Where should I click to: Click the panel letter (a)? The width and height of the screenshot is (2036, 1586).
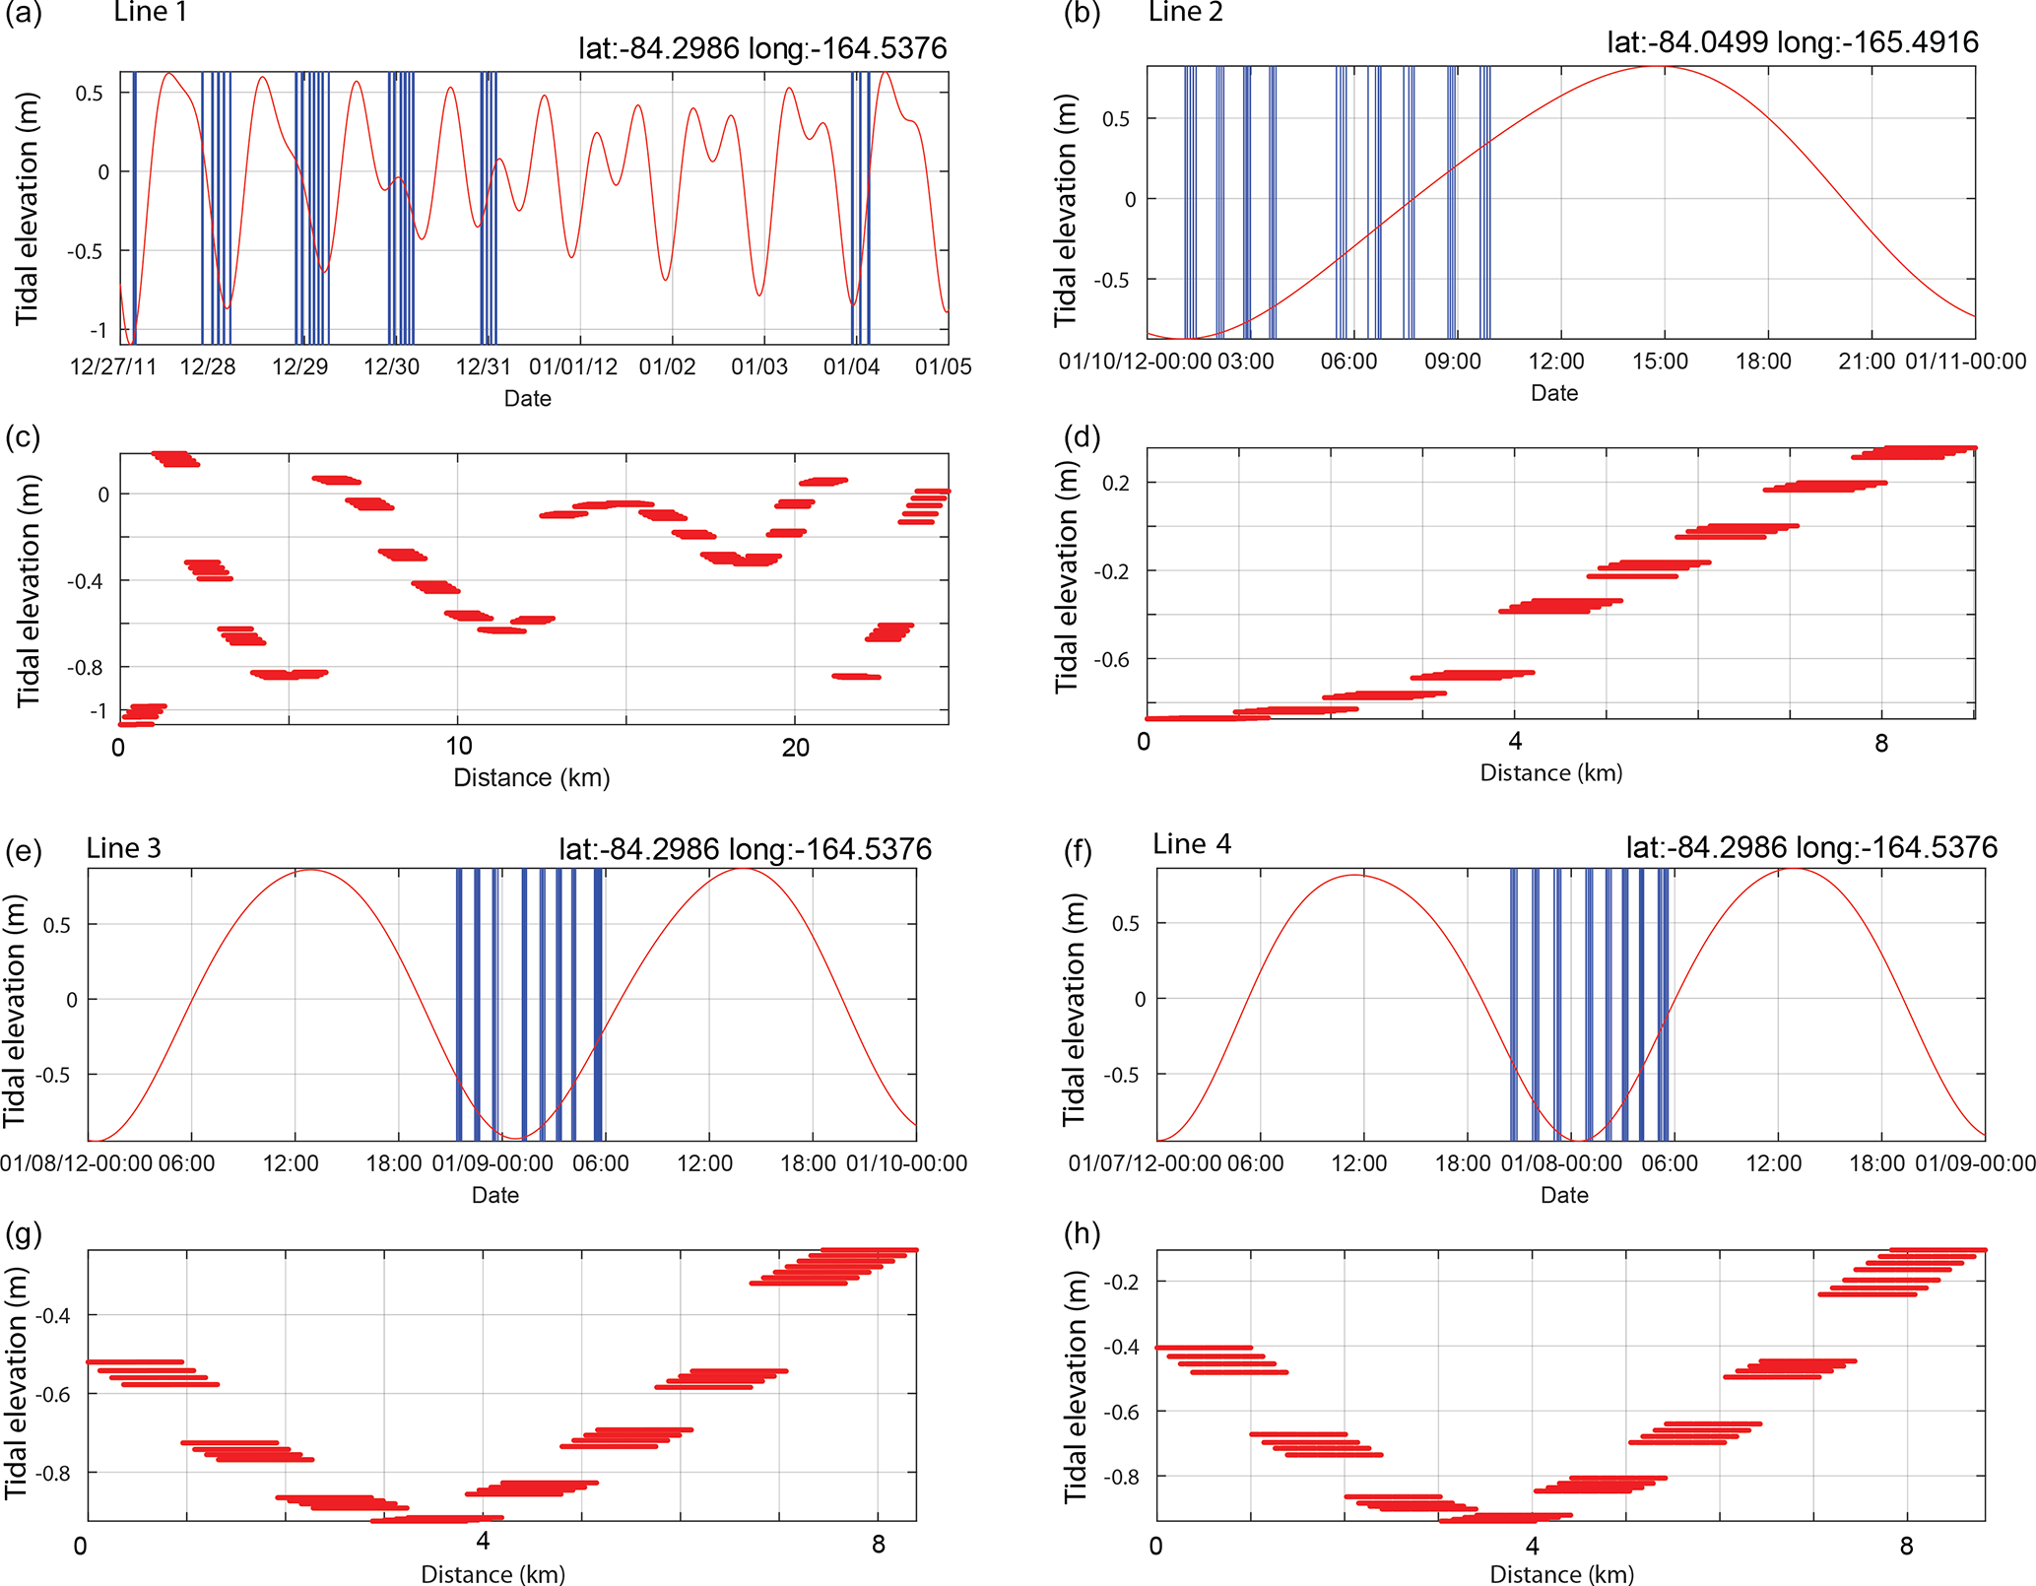[24, 14]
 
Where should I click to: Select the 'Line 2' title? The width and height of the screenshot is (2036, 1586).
[1185, 12]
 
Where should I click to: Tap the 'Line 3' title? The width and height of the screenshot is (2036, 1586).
[123, 848]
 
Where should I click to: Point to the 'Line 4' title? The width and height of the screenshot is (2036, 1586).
[1192, 844]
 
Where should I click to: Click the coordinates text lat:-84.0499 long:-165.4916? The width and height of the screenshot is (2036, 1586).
[1793, 42]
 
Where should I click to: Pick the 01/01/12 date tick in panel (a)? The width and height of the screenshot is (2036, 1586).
[573, 367]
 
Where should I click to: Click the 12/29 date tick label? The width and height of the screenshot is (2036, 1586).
[299, 367]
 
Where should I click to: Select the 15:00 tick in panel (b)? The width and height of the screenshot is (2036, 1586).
[1660, 362]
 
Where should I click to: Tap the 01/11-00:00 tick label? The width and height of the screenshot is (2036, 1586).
[1965, 362]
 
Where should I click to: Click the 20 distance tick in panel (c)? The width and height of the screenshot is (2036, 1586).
[795, 748]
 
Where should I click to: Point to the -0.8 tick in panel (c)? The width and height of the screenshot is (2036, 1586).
[87, 668]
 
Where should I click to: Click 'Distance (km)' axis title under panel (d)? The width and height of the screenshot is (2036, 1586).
[1551, 773]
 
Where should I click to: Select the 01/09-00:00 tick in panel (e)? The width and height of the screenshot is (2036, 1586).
[493, 1163]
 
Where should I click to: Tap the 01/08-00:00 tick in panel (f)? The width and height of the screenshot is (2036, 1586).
[1561, 1163]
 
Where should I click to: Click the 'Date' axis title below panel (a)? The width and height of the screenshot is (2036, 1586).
[527, 399]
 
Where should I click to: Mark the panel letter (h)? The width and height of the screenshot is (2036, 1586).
[1082, 1233]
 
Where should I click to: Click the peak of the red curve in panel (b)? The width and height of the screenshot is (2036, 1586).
[1663, 66]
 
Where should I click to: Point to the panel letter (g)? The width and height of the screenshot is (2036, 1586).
[24, 1233]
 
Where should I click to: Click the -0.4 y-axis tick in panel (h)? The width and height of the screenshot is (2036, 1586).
[1123, 1347]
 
